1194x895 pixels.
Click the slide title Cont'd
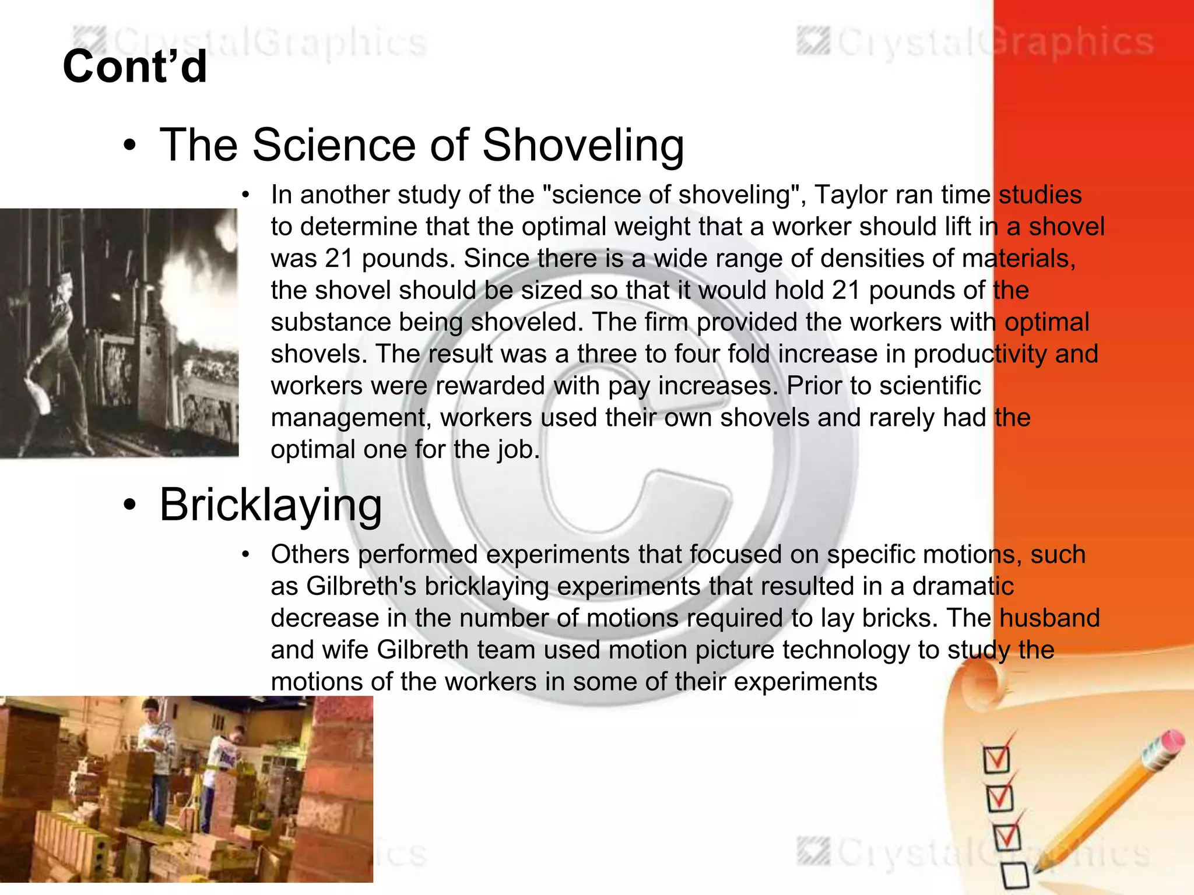click(135, 66)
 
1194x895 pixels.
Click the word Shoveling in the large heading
click(583, 146)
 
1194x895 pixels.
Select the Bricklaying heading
click(271, 505)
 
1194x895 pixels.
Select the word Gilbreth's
click(361, 586)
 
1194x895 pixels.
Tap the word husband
click(1049, 618)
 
